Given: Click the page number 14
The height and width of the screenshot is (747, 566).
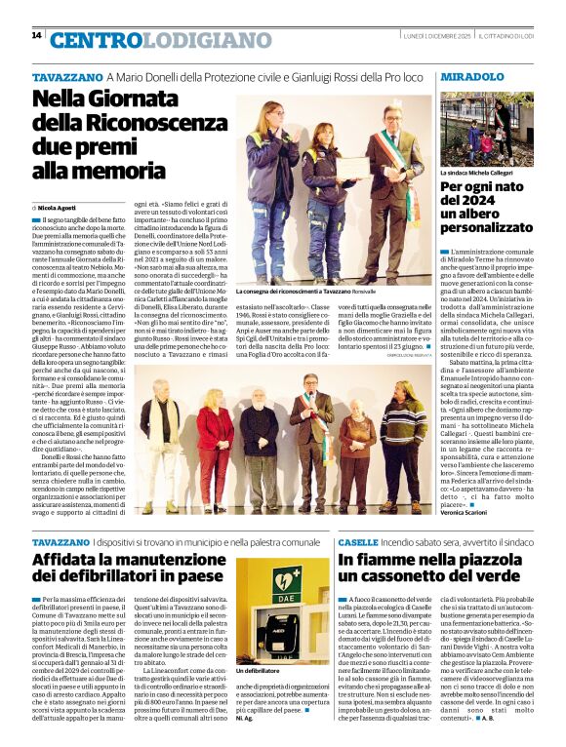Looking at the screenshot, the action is tap(36, 35).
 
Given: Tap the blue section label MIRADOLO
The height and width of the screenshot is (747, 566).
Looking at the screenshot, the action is tap(472, 76).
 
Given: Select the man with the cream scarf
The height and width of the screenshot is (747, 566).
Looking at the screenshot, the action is tap(156, 428).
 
